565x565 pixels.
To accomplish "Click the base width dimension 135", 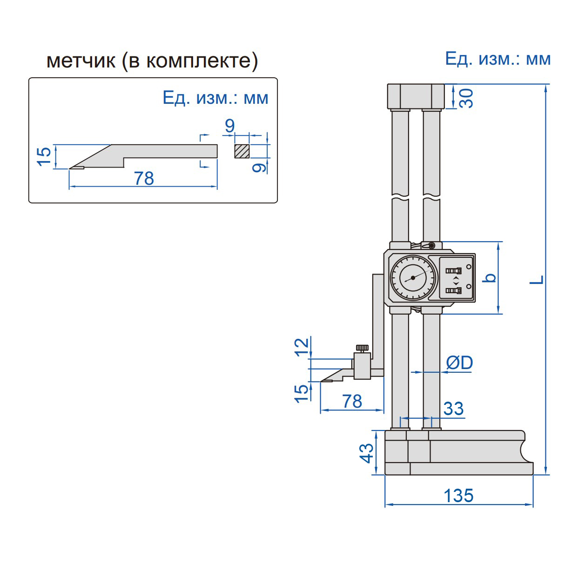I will tap(458, 496).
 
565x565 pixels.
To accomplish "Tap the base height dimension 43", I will tap(367, 453).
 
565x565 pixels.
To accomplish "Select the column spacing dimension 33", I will tap(453, 409).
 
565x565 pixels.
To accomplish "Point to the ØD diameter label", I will tap(459, 363).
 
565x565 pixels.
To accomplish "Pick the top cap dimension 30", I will tap(466, 98).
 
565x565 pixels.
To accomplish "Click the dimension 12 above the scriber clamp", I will tap(303, 347).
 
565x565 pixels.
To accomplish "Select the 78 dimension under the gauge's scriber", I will tap(352, 401).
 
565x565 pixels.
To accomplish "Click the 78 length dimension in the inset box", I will tap(144, 178).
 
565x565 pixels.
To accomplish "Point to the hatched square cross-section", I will tap(242, 151).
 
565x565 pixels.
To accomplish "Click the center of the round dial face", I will tap(413, 278).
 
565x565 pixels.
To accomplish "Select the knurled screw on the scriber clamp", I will tap(363, 348).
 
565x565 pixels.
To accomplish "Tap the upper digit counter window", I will tap(453, 270).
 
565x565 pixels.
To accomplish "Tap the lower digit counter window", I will tap(453, 291).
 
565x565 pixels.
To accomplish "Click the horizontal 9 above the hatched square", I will tap(229, 126).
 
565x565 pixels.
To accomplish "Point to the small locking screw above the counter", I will tap(432, 245).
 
